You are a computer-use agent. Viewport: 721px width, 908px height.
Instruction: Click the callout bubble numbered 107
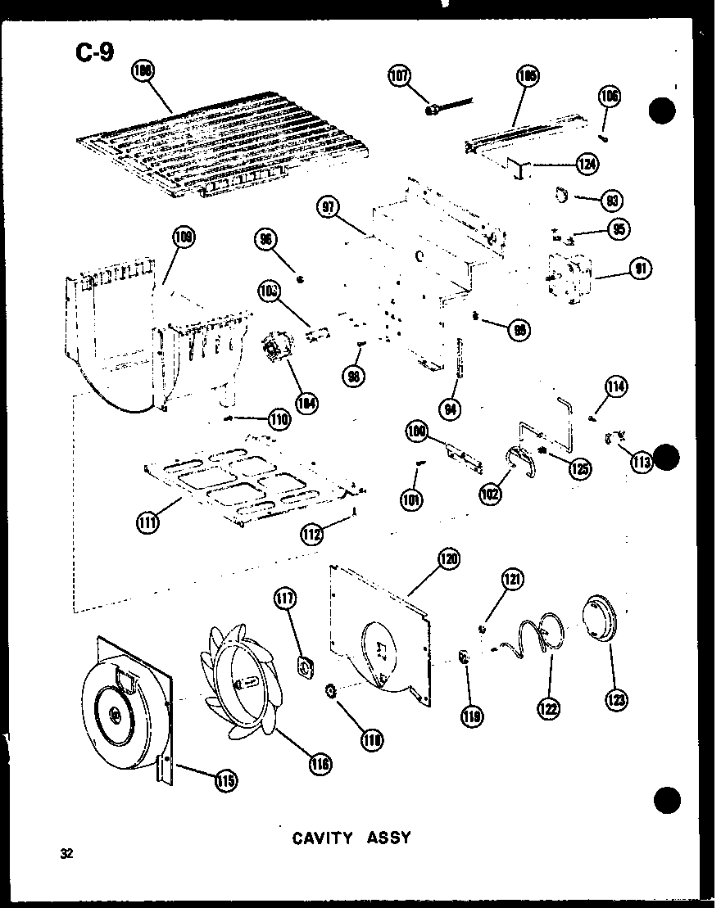tap(399, 78)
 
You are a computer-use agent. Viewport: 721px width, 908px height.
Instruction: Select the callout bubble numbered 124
tap(586, 164)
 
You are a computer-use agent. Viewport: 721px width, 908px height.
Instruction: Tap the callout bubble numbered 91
tap(640, 268)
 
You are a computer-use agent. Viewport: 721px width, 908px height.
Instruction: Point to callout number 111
tap(149, 521)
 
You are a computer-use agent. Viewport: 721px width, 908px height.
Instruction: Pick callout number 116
tap(320, 764)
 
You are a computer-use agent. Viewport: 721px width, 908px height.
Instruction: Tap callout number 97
tap(331, 210)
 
